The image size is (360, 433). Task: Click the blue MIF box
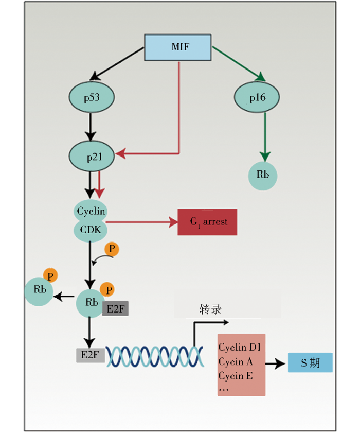click(x=178, y=47)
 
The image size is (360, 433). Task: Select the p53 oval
click(x=92, y=97)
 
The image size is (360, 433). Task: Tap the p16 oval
click(x=257, y=97)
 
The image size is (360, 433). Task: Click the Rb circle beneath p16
click(x=263, y=175)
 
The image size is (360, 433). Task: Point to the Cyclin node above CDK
click(x=91, y=211)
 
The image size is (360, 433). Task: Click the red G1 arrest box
click(x=207, y=222)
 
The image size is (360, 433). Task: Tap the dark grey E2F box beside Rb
click(x=115, y=308)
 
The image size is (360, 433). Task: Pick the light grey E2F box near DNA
click(x=90, y=354)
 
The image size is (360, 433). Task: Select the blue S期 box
click(x=310, y=363)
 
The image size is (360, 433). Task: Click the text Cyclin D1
click(x=240, y=348)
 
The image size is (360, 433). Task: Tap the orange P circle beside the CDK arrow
click(x=112, y=250)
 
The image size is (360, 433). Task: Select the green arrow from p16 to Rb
click(x=265, y=134)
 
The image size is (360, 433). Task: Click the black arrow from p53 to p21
click(x=91, y=126)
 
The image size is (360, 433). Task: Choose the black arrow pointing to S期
click(x=276, y=363)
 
